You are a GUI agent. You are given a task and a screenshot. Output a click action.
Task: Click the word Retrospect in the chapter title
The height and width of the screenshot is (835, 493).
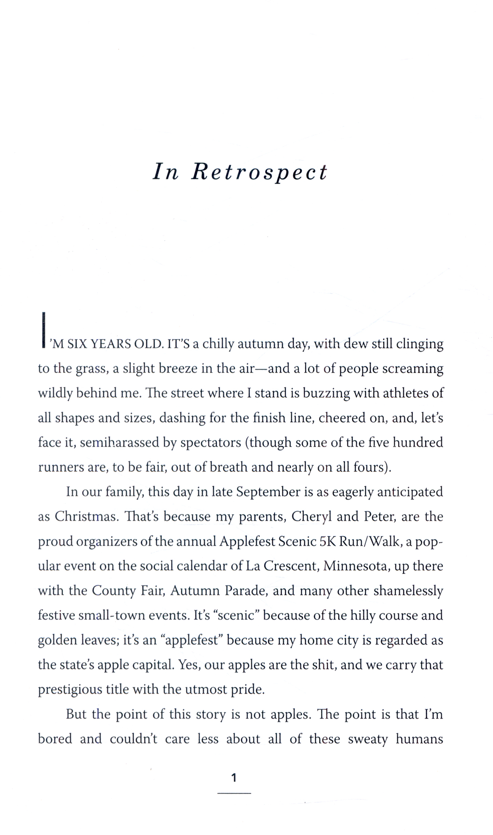coord(259,172)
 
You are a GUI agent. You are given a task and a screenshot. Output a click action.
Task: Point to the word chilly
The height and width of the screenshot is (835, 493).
coord(218,344)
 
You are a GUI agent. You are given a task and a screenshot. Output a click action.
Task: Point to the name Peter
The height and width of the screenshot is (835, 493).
coord(379,516)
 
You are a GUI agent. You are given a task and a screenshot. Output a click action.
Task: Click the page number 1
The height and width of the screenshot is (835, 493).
coord(234,778)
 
